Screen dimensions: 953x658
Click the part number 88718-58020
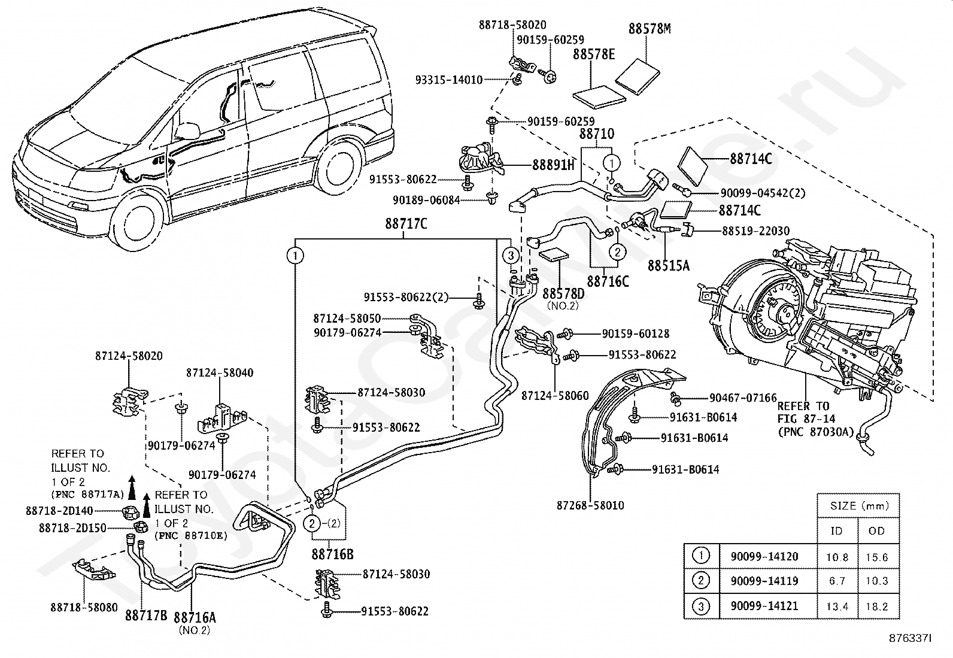(512, 25)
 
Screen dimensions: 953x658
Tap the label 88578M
(650, 29)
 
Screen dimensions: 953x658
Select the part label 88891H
(553, 165)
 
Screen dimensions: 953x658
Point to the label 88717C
(406, 223)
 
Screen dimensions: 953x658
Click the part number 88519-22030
(755, 231)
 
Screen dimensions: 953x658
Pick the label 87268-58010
(590, 505)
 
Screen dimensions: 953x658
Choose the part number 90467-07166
(743, 398)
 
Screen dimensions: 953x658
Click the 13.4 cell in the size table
(837, 606)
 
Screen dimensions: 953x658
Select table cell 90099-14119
(764, 581)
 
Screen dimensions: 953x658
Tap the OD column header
(876, 530)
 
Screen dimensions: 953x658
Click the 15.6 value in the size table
(877, 557)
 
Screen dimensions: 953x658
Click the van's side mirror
(187, 132)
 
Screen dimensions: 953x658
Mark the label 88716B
(332, 554)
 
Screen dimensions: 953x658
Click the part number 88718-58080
(84, 607)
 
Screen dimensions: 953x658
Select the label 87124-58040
(220, 373)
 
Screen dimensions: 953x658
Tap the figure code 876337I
(910, 639)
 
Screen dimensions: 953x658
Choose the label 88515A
(669, 266)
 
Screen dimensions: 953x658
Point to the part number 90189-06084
(426, 199)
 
